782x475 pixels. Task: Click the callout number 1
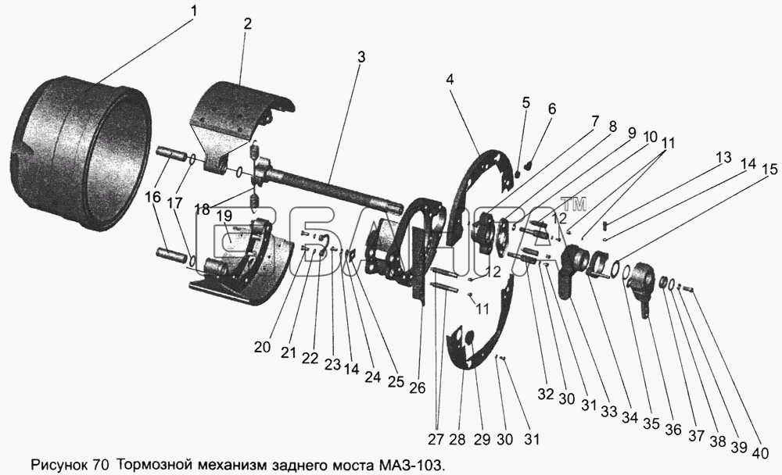(x=193, y=12)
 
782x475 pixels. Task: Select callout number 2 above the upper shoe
(x=247, y=23)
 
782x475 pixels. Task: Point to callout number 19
(x=224, y=216)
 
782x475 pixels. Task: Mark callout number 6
(x=552, y=109)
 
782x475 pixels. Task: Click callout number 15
(x=770, y=169)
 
